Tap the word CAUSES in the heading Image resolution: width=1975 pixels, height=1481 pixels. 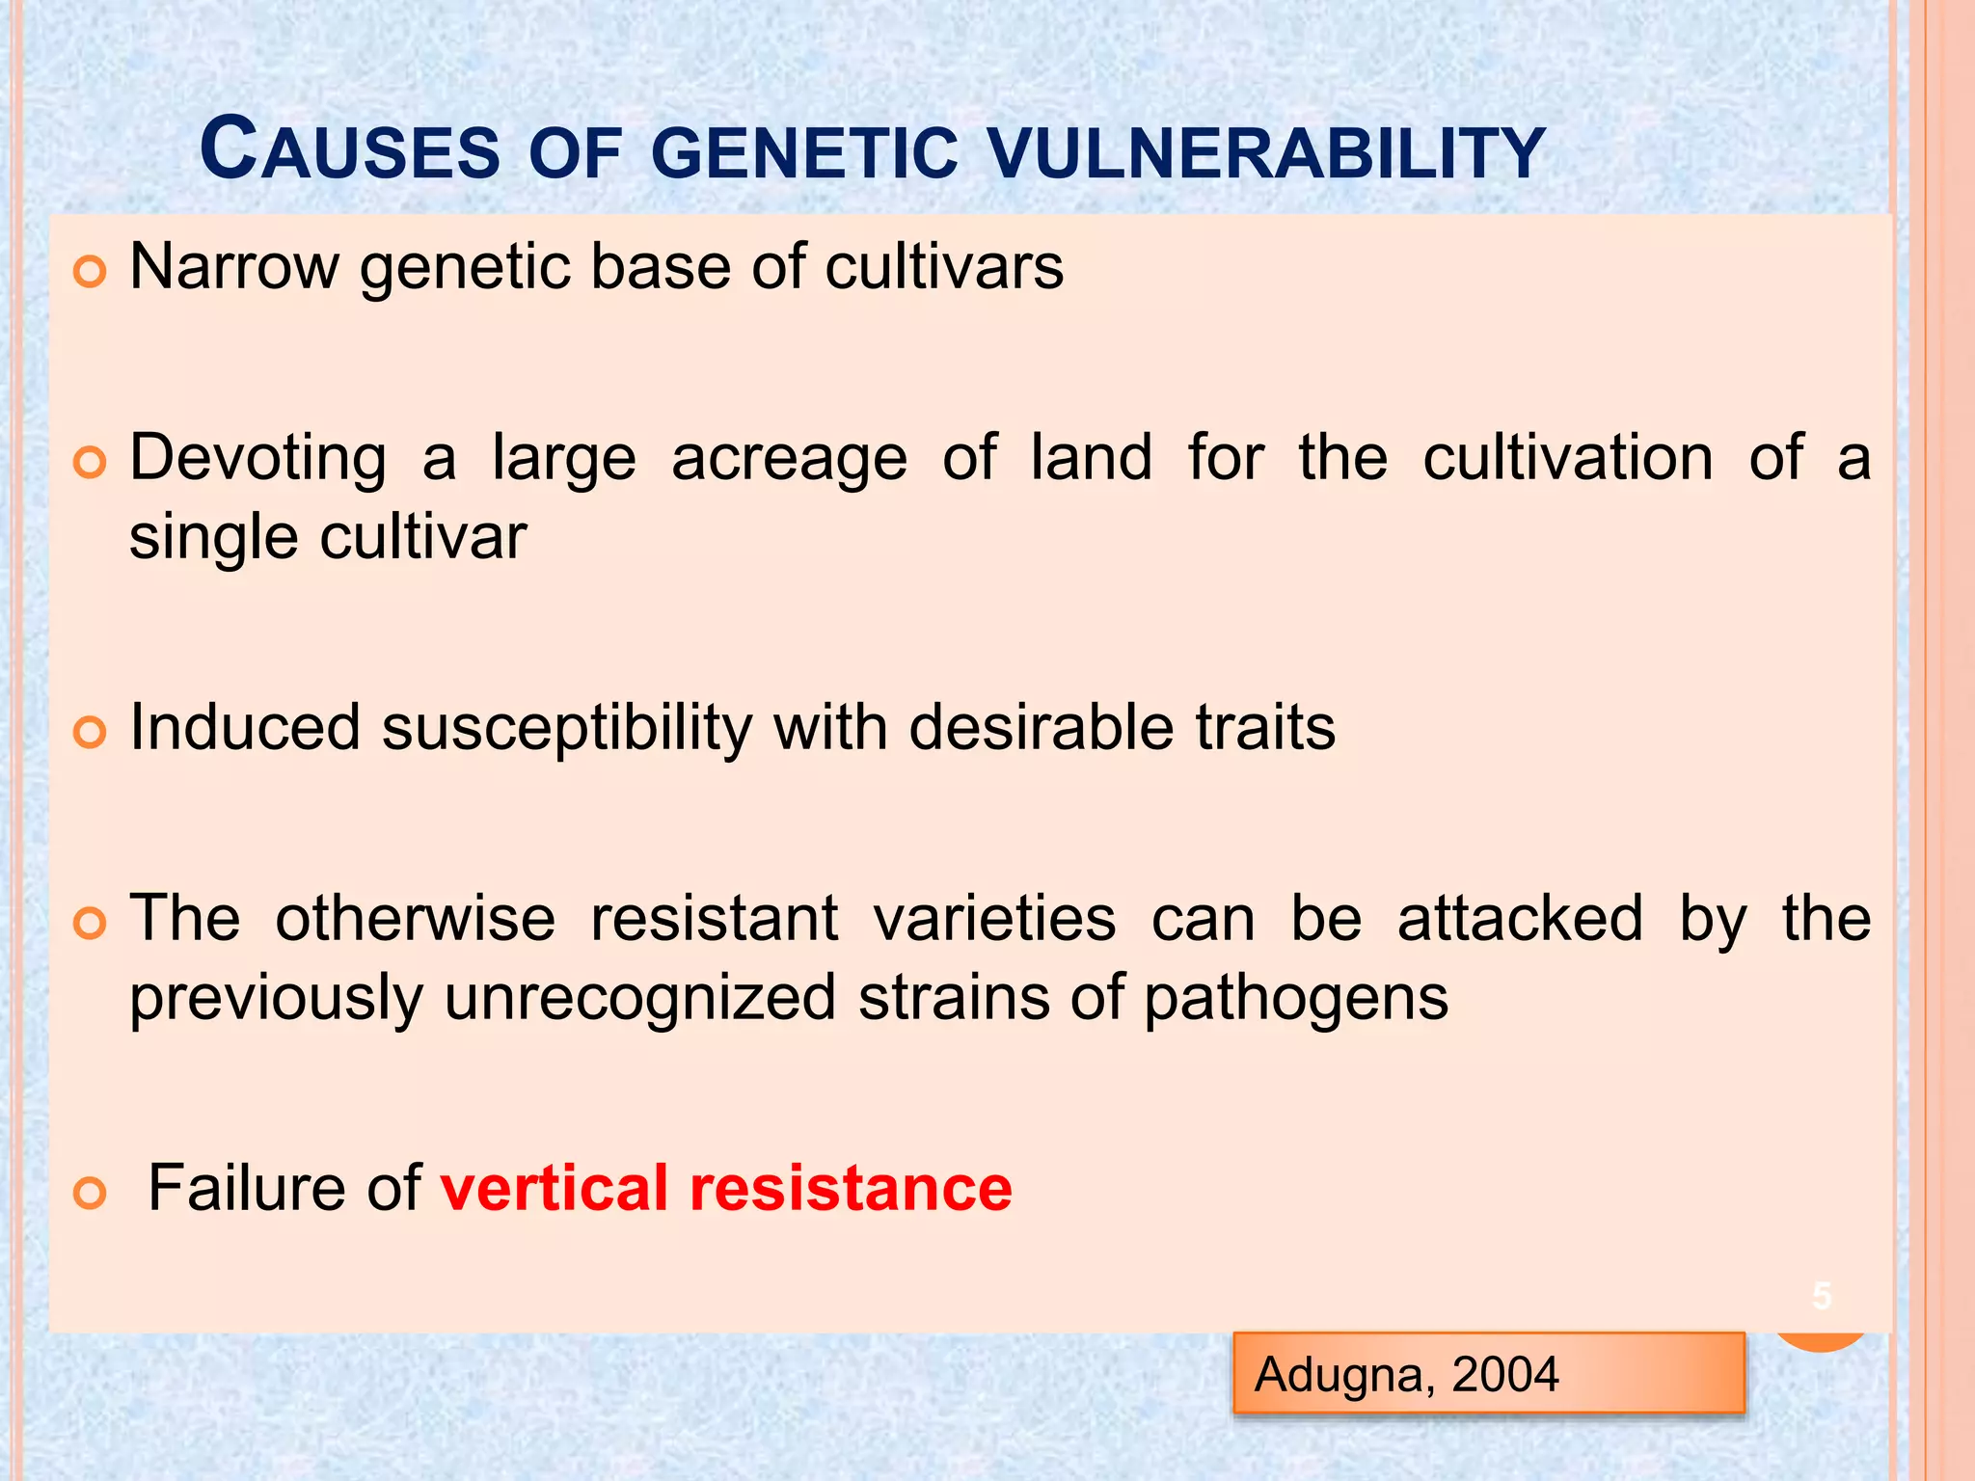349,150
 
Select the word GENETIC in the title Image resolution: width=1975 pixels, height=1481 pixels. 804,154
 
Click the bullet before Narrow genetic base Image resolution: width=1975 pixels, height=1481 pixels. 89,273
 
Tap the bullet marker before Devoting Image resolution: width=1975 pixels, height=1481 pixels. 89,464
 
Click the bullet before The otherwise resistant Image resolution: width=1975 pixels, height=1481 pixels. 89,925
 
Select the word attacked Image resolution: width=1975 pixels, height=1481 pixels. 1520,918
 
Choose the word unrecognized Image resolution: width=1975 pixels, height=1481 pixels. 639,997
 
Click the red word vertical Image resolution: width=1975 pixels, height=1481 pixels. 555,1188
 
